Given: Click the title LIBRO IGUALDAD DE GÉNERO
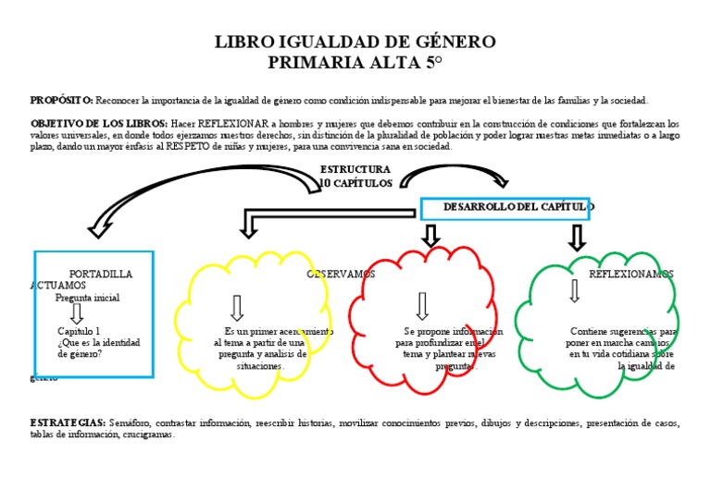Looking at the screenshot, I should click(x=355, y=43).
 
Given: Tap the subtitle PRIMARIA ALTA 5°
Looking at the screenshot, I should click(x=355, y=62).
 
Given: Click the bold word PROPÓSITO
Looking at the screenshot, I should click(x=61, y=100).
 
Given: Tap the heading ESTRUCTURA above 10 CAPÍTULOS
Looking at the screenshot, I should click(x=355, y=170).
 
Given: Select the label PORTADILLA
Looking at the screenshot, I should click(x=101, y=275).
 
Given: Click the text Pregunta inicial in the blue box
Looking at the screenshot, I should click(x=87, y=298).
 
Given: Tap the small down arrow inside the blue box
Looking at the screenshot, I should click(x=77, y=314).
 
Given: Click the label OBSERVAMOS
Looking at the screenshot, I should click(x=341, y=275).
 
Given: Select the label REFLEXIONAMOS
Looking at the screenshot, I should click(x=631, y=275).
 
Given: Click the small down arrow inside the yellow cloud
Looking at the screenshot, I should click(x=236, y=307).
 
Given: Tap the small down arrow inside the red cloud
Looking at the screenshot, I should click(x=422, y=306).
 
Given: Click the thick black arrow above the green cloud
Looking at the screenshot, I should click(x=577, y=237).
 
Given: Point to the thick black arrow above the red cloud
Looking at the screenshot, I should click(x=430, y=235).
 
